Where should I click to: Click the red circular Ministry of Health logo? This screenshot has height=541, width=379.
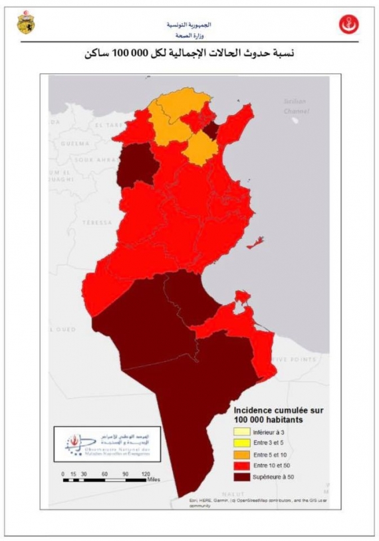[348, 25]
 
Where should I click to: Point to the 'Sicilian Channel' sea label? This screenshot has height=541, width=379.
[297, 107]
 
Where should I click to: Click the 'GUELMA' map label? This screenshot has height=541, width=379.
[74, 143]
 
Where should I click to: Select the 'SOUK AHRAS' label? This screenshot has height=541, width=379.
[92, 160]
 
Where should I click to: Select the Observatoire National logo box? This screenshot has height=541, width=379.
[101, 444]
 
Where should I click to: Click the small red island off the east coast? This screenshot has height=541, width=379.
[255, 243]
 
